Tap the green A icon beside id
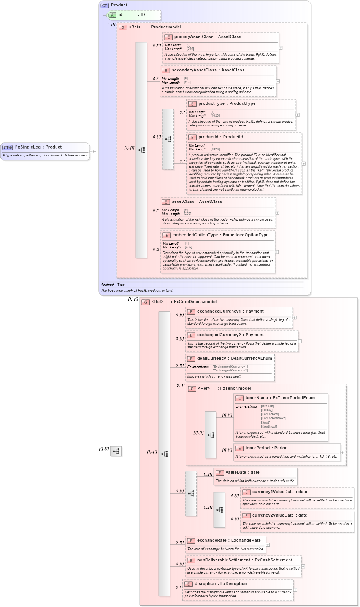[113, 15]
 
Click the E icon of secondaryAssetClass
[165, 70]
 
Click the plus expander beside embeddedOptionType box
[277, 252]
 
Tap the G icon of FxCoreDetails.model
[146, 302]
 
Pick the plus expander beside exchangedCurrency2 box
[300, 341]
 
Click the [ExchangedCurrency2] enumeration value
[230, 370]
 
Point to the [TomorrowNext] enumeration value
[273, 418]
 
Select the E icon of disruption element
[189, 584]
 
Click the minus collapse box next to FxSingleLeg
[91, 152]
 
